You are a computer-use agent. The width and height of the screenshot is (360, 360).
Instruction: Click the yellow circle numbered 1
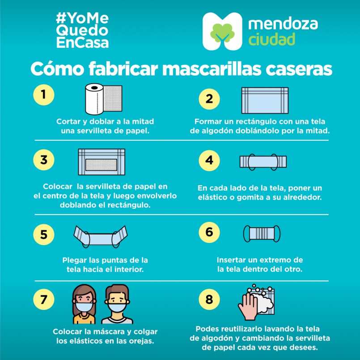pyautogui.click(x=44, y=95)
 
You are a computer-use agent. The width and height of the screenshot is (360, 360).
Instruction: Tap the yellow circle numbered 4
pyautogui.click(x=209, y=161)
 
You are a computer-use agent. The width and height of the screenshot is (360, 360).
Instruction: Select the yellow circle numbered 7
pyautogui.click(x=44, y=299)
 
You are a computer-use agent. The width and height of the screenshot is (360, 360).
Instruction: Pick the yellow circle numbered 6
pyautogui.click(x=209, y=232)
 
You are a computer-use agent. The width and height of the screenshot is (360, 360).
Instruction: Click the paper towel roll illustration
pyautogui.click(x=104, y=99)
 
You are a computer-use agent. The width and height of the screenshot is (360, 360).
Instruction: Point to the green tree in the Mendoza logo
pyautogui.click(x=222, y=33)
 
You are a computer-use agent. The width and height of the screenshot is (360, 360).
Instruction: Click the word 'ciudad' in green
pyautogui.click(x=271, y=39)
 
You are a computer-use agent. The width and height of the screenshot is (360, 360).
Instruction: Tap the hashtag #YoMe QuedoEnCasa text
pyautogui.click(x=82, y=30)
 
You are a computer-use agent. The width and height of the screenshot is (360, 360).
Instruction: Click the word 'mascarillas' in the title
pyautogui.click(x=212, y=69)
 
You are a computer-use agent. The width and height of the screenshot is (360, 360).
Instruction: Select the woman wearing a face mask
pyautogui.click(x=84, y=304)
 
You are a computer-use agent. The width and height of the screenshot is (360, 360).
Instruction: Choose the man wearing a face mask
pyautogui.click(x=117, y=304)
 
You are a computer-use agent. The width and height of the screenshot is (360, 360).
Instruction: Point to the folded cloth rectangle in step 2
pyautogui.click(x=265, y=100)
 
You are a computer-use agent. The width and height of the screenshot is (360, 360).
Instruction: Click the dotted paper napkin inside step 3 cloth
pyautogui.click(x=101, y=165)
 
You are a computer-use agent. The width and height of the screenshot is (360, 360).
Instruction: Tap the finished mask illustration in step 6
pyautogui.click(x=262, y=234)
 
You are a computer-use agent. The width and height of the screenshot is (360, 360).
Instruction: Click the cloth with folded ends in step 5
pyautogui.click(x=101, y=237)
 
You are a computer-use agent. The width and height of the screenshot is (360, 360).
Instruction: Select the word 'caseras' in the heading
pyautogui.click(x=299, y=69)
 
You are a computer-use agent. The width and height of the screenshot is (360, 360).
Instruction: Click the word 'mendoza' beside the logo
pyautogui.click(x=283, y=23)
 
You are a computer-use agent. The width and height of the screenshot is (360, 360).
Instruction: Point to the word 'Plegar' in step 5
pyautogui.click(x=74, y=260)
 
